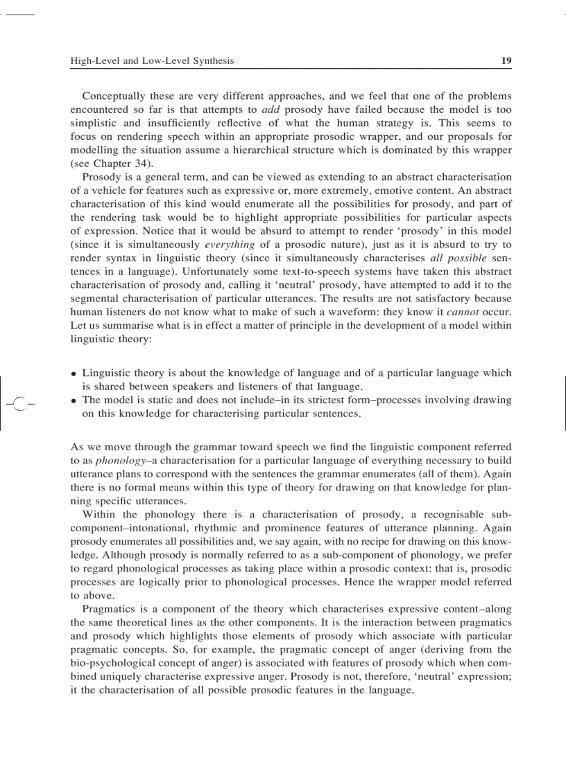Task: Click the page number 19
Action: pos(506,61)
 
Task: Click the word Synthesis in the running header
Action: pos(209,61)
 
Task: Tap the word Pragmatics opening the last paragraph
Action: pos(111,609)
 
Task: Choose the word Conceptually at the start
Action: pos(113,96)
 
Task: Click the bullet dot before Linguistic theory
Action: pos(74,373)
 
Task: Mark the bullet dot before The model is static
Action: pos(74,400)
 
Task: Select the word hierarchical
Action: pos(289,150)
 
